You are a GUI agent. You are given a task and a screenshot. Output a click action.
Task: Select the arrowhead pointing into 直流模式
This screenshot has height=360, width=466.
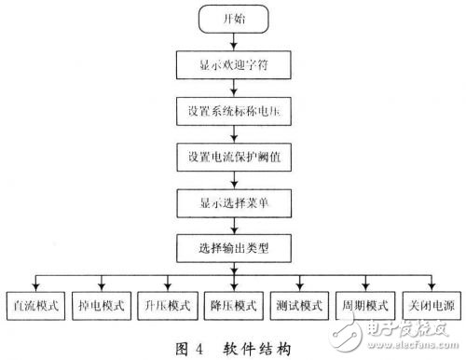point(34,287)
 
